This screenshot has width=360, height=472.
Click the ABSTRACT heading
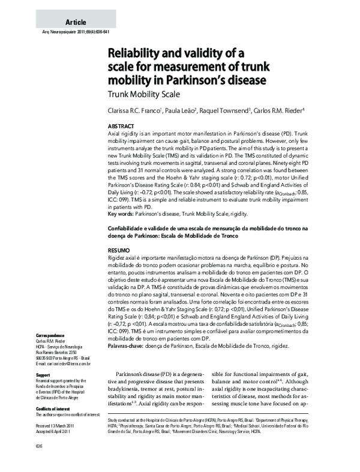121,127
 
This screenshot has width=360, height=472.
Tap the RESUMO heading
119,248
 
